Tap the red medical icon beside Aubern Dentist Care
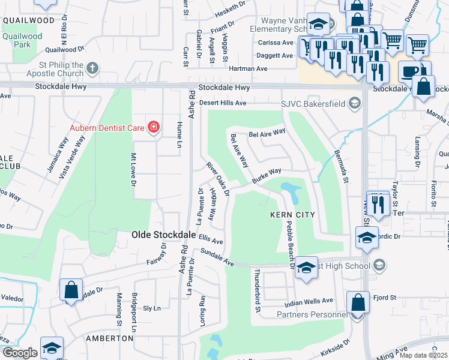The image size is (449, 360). [x=154, y=127]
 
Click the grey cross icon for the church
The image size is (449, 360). [x=92, y=69]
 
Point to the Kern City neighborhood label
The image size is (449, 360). [x=288, y=214]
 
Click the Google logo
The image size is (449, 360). [x=19, y=353]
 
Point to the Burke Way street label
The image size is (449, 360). [x=267, y=176]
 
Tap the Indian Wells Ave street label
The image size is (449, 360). [x=309, y=301]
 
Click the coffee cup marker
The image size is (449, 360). [x=411, y=72]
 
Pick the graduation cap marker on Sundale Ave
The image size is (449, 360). [x=306, y=268]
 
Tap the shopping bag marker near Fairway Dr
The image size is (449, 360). [x=71, y=290]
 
